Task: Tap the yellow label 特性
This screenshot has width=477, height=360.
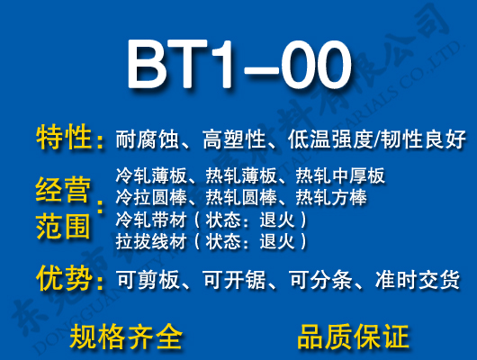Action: [x=64, y=139]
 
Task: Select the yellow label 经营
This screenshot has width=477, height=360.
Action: [x=64, y=192]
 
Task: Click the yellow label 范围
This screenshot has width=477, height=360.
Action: [x=64, y=225]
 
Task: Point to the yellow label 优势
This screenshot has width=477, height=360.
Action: [x=64, y=279]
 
